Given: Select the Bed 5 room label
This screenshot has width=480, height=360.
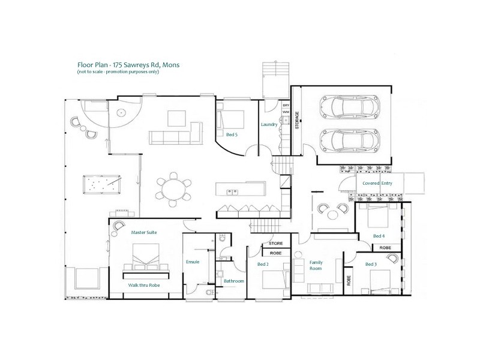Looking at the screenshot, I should coord(231,135).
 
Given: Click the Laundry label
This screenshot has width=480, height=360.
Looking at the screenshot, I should coord(268,125).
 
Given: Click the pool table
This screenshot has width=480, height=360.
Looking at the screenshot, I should coord(101,183).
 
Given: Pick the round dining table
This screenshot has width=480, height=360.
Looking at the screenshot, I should coord(174,189).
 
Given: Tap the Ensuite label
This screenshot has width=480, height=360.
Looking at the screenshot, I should coord(193,262).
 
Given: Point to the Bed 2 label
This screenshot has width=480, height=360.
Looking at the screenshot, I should coord(262,264).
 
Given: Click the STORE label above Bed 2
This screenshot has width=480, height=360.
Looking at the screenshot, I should coord(275,244).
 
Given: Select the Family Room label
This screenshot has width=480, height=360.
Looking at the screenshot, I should coord(316,265).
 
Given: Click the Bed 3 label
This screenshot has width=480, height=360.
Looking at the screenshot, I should coord(371,264).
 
